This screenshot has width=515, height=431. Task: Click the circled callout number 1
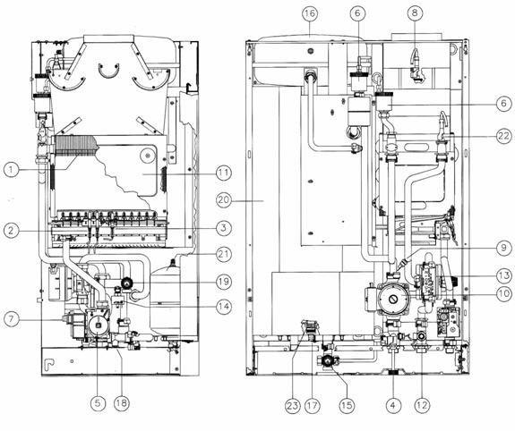click(x=12, y=170)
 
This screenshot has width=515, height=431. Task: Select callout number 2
click(x=12, y=231)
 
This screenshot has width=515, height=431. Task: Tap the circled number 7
click(x=12, y=319)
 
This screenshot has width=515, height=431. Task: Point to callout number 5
click(x=98, y=403)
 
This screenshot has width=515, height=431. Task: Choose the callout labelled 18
click(x=122, y=403)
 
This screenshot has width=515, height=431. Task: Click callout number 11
click(x=224, y=173)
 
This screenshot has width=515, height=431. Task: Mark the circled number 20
click(x=224, y=199)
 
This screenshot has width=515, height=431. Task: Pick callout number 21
click(x=224, y=254)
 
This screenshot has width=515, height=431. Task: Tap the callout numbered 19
click(x=224, y=282)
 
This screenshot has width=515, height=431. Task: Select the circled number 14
click(x=224, y=307)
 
